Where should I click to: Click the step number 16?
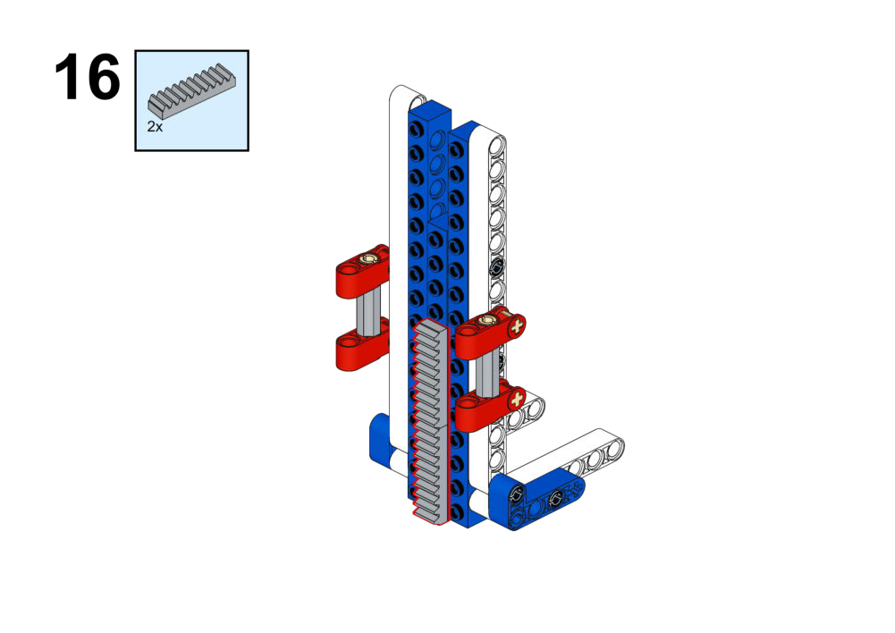pyautogui.click(x=87, y=77)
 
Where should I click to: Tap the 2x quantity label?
pyautogui.click(x=155, y=127)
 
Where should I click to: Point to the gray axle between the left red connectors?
pyautogui.click(x=368, y=311)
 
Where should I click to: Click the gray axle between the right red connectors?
pyautogui.click(x=487, y=372)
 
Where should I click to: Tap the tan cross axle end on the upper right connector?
pyautogui.click(x=517, y=327)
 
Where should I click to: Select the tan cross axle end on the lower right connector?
pyautogui.click(x=517, y=399)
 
